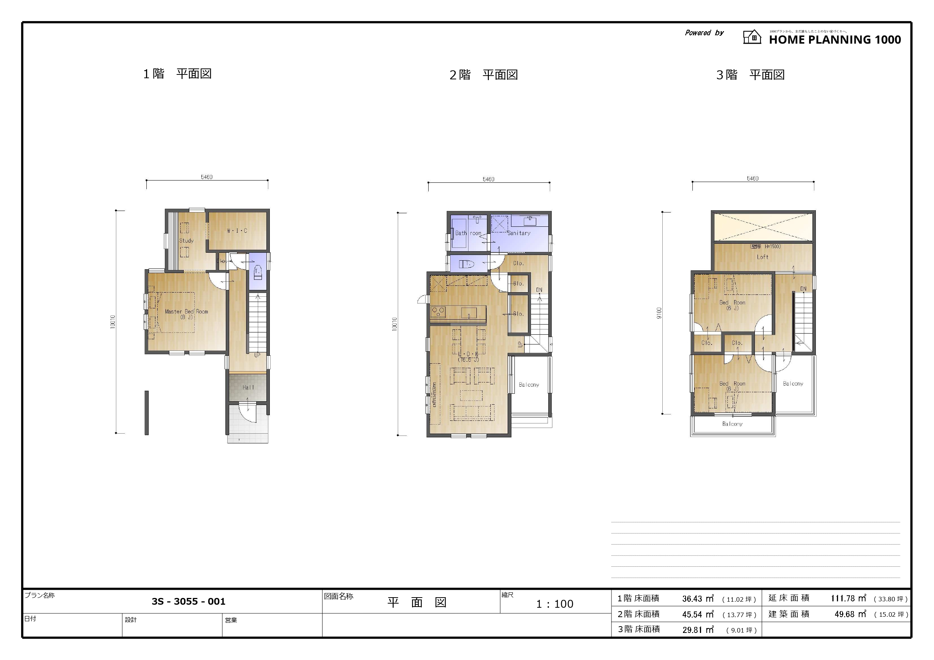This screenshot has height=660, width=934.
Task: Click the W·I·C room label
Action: tap(237, 231)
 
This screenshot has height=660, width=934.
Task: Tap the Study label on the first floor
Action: tap(186, 240)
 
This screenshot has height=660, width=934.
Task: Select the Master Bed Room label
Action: tap(186, 312)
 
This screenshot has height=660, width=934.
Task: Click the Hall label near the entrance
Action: tap(248, 388)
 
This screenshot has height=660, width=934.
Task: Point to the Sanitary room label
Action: tap(519, 233)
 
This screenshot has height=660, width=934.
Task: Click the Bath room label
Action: tap(468, 233)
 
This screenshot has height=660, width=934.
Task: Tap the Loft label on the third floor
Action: tap(762, 257)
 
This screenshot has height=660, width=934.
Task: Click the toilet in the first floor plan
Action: tap(257, 272)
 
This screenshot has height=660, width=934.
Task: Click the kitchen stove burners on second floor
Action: tap(438, 312)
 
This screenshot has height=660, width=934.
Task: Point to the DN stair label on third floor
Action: tap(803, 289)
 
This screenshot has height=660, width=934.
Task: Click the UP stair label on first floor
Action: tap(257, 355)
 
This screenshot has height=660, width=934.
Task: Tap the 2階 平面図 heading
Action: tap(483, 75)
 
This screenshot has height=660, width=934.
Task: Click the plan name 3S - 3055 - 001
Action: tap(189, 601)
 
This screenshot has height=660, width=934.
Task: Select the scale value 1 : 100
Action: tap(554, 604)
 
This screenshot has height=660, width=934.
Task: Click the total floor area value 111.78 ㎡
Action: tap(848, 599)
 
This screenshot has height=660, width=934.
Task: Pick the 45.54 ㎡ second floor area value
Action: tap(698, 614)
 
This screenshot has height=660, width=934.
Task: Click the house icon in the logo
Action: tap(752, 37)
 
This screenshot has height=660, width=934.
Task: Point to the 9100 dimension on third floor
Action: tap(659, 313)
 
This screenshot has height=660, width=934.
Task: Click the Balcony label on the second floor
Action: tap(529, 385)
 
